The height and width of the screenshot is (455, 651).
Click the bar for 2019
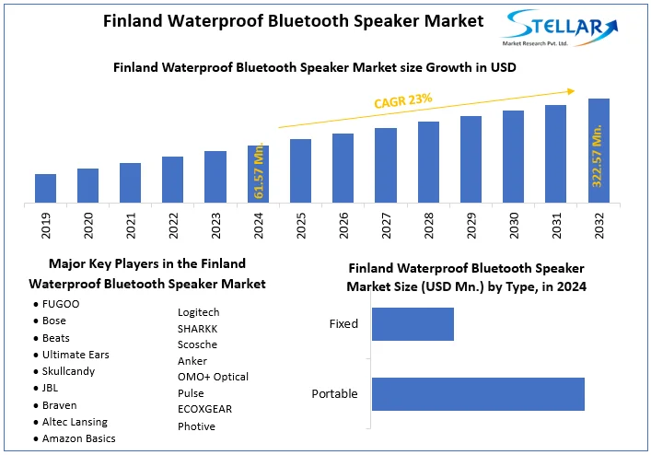[45, 188]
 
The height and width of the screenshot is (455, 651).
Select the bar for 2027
[386, 165]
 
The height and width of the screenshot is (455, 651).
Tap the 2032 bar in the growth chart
[599, 150]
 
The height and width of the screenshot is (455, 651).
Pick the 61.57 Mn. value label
[259, 171]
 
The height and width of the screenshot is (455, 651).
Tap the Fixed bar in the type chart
[413, 324]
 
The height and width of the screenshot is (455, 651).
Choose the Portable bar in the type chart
[478, 394]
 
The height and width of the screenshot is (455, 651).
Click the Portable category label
[334, 394]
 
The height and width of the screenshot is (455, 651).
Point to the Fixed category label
[343, 324]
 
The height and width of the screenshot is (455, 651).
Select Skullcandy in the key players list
[68, 371]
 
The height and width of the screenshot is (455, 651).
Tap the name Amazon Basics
[78, 438]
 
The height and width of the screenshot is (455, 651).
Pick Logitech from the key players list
[198, 312]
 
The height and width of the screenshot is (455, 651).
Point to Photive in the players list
[196, 426]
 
